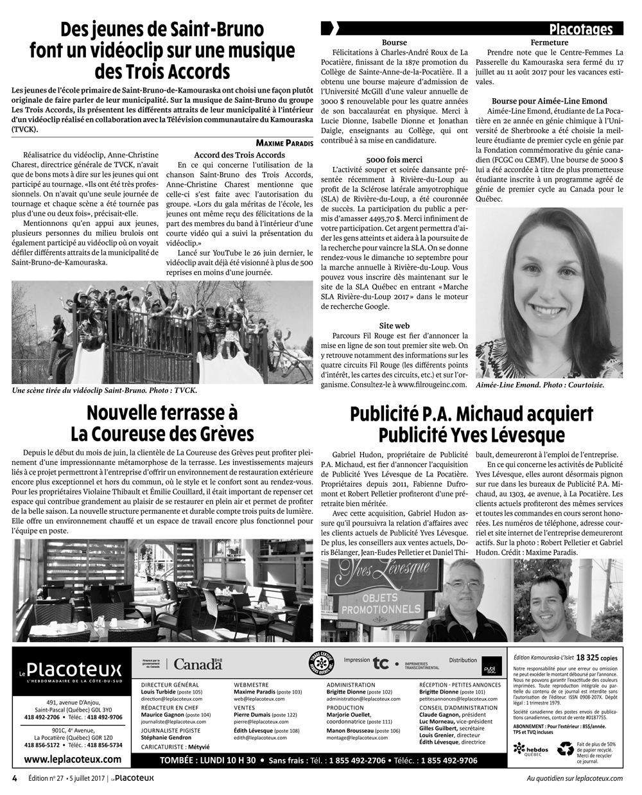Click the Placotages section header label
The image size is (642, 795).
pos(580,30)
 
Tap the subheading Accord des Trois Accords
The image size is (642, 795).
pos(239,155)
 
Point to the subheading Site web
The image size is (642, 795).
pos(394,326)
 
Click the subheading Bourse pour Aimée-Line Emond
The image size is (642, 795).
pos(549,101)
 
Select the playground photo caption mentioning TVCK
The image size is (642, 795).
pos(105,390)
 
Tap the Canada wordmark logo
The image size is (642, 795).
pos(198,665)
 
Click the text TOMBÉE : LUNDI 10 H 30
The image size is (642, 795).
pos(209,760)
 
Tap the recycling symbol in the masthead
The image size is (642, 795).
pos(565,748)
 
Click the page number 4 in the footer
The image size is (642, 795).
pos(14,778)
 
